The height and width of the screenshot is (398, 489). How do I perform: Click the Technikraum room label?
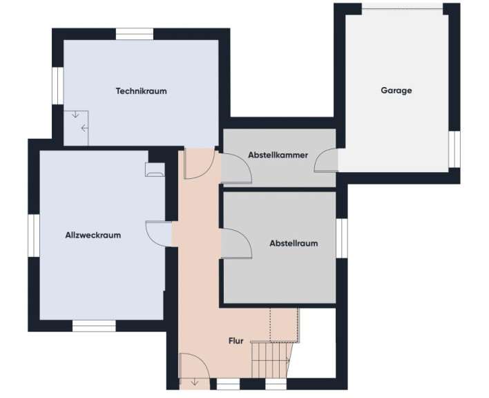pos(142,91)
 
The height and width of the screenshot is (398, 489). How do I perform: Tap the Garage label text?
pos(396,91)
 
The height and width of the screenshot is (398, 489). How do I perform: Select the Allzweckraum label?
pos(93,235)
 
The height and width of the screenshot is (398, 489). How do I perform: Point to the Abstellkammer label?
pos(278,155)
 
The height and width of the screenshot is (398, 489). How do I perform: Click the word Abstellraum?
pos(294,243)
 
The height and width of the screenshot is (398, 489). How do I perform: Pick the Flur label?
pos(236,341)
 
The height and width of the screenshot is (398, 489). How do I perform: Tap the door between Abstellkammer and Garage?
pos(326,160)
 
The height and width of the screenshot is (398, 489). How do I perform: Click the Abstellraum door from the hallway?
pos(236,243)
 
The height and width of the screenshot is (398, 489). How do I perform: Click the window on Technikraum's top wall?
pos(135,34)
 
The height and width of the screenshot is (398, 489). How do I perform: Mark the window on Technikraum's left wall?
pos(58,86)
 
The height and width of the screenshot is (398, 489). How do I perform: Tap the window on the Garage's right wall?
pos(454,149)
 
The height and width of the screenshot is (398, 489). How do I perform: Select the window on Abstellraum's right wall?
pos(342,238)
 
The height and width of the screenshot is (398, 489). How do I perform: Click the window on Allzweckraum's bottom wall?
pos(94,326)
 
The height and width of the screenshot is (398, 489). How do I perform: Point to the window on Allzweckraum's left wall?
pos(34,236)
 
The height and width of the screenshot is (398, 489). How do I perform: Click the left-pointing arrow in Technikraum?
pos(84,128)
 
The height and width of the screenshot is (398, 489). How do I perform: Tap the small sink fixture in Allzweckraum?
pos(155,170)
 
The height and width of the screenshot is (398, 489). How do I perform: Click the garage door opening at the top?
pos(402,7)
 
